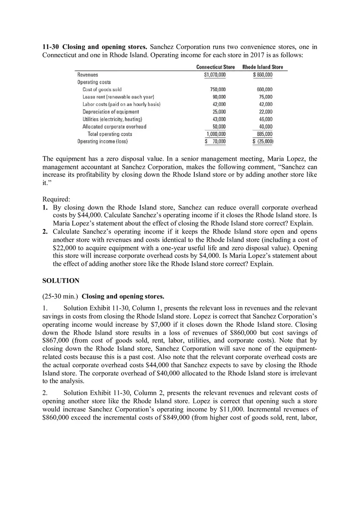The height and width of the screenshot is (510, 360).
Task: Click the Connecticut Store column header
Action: (215, 67)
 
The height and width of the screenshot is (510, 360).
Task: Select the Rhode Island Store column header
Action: (262, 67)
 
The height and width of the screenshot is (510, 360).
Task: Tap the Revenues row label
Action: (88, 75)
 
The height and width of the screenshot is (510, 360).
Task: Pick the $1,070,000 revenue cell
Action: (215, 75)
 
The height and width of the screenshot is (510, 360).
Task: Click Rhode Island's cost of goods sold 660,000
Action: (264, 90)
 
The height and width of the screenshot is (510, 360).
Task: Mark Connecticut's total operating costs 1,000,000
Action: (216, 134)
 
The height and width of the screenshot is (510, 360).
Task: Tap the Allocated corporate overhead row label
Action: (114, 127)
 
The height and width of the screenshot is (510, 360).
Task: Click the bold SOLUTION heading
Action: (61, 281)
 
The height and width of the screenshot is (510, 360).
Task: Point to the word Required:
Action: (56, 199)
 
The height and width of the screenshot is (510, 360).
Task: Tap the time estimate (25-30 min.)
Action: (61, 297)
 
